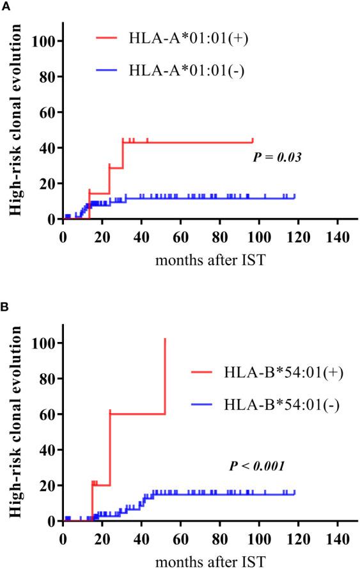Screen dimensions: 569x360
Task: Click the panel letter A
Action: click(x=5, y=5)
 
